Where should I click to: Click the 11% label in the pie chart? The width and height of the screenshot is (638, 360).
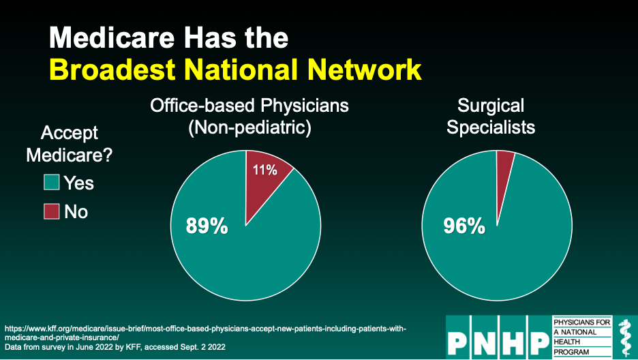click(265, 170)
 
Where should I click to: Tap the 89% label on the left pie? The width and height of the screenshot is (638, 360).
click(207, 226)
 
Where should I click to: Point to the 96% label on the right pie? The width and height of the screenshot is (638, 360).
click(464, 226)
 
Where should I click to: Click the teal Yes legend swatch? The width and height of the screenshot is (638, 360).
click(52, 182)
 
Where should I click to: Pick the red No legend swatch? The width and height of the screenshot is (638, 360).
click(52, 211)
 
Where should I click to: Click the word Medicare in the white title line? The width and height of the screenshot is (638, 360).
click(112, 37)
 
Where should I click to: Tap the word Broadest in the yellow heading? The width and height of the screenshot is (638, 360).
click(112, 70)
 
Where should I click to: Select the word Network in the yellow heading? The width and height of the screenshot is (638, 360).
click(365, 70)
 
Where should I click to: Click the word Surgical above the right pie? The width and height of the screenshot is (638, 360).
click(491, 106)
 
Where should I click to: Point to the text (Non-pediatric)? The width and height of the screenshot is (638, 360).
click(249, 127)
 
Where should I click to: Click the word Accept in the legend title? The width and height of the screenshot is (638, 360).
click(70, 134)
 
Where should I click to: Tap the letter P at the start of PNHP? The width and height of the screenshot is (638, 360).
click(458, 342)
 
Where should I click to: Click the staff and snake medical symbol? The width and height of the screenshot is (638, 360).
click(624, 337)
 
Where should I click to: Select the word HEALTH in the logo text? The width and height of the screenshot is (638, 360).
click(567, 342)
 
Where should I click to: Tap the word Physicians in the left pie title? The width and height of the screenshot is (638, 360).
click(305, 106)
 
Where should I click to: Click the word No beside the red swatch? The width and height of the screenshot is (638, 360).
click(76, 212)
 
